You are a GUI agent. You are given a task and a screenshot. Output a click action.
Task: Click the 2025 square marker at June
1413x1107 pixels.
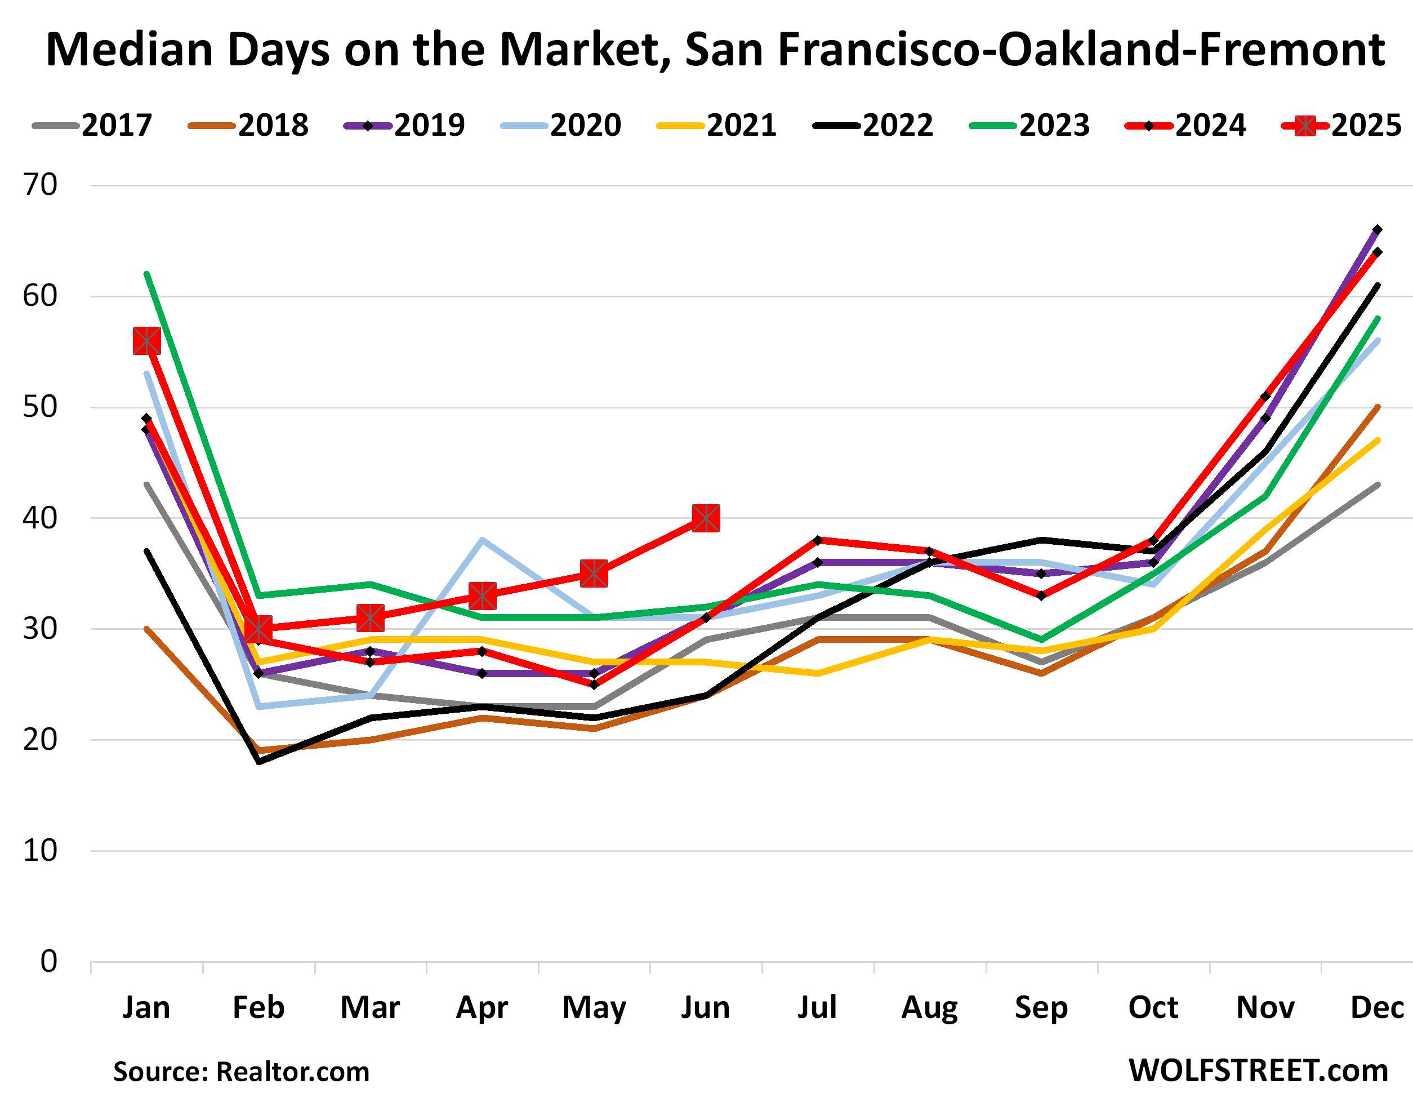click(x=706, y=518)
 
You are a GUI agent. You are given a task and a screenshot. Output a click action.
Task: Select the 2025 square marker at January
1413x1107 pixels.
click(x=146, y=341)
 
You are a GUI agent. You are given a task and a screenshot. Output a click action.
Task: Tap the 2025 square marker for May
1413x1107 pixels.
click(x=594, y=573)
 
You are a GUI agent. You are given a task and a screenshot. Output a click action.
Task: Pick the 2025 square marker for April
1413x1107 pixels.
click(x=483, y=596)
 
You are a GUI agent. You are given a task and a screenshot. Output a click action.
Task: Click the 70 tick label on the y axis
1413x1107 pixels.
click(x=40, y=185)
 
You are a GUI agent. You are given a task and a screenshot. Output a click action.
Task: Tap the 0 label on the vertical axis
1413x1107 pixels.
click(x=48, y=962)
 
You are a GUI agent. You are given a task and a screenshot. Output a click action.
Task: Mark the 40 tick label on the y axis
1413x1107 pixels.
click(x=40, y=518)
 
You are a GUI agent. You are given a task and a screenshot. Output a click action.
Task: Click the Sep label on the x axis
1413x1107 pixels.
click(x=1041, y=1008)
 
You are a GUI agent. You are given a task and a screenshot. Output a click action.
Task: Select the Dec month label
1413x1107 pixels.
click(x=1377, y=1008)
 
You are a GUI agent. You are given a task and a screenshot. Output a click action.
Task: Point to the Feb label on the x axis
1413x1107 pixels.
click(x=258, y=1008)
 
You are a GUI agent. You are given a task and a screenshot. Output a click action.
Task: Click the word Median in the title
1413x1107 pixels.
click(x=130, y=50)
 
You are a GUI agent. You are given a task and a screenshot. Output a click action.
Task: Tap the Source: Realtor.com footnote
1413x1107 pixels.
click(x=241, y=1072)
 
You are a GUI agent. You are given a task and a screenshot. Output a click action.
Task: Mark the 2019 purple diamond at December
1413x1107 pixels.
click(x=1378, y=230)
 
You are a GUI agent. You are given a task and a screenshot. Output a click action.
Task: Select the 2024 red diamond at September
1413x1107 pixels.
click(x=1041, y=595)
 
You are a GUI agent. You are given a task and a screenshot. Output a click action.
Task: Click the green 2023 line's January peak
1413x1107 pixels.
click(x=147, y=274)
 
